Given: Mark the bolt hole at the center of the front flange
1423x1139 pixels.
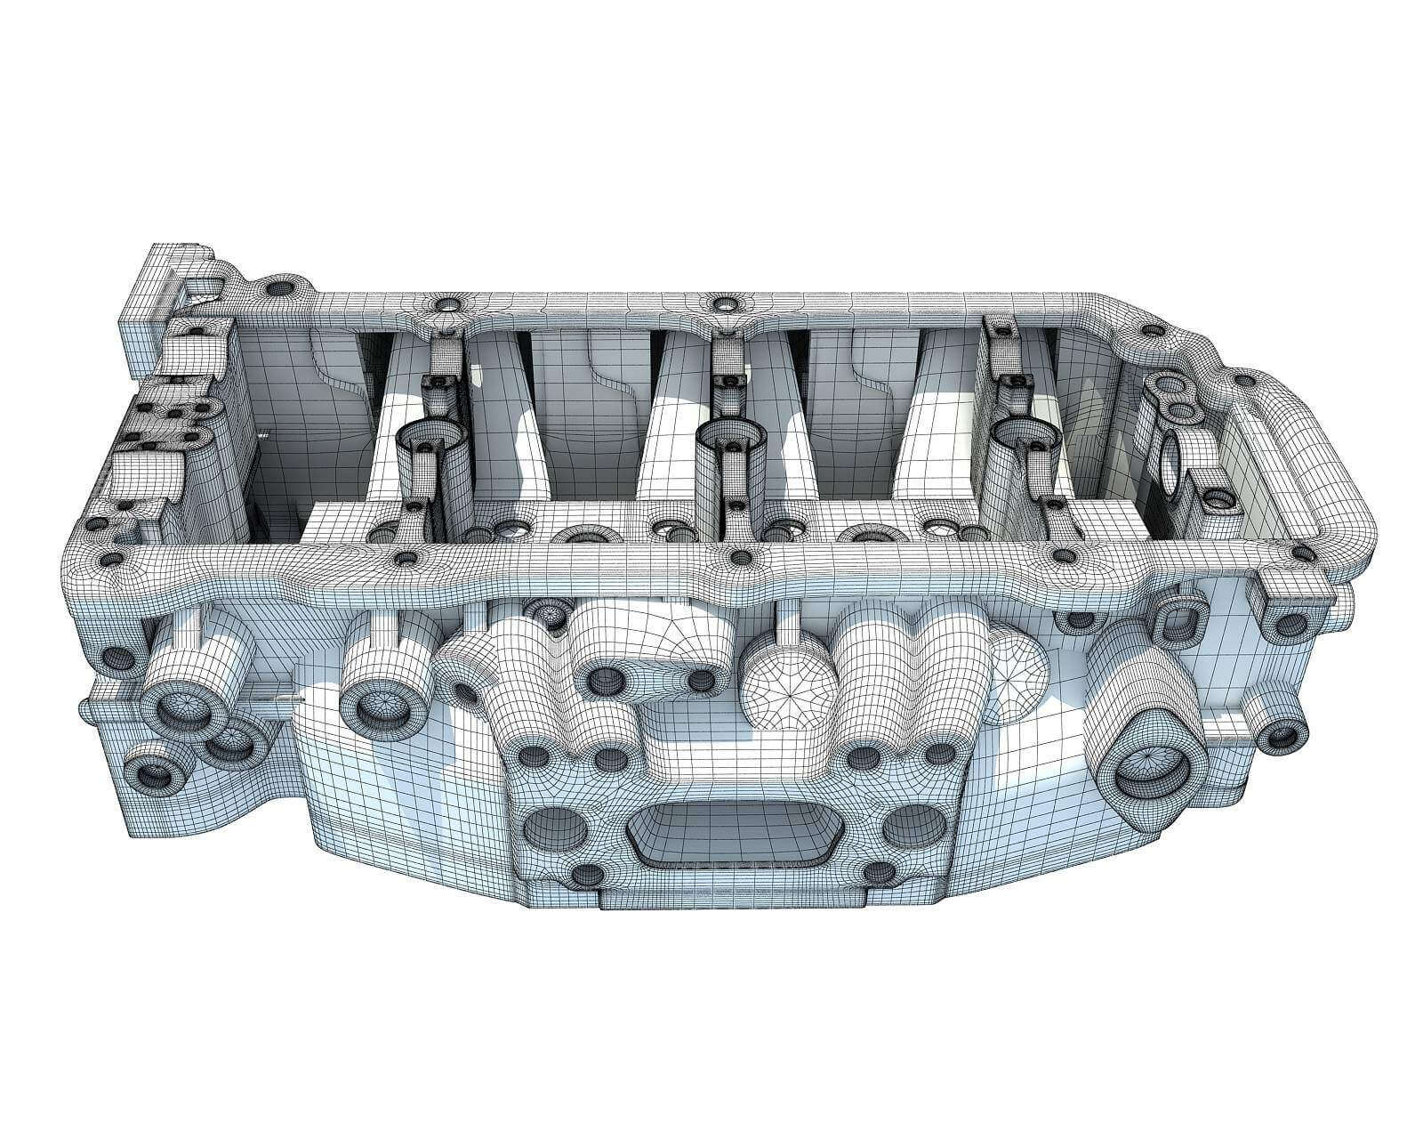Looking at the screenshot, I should point(738,558).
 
